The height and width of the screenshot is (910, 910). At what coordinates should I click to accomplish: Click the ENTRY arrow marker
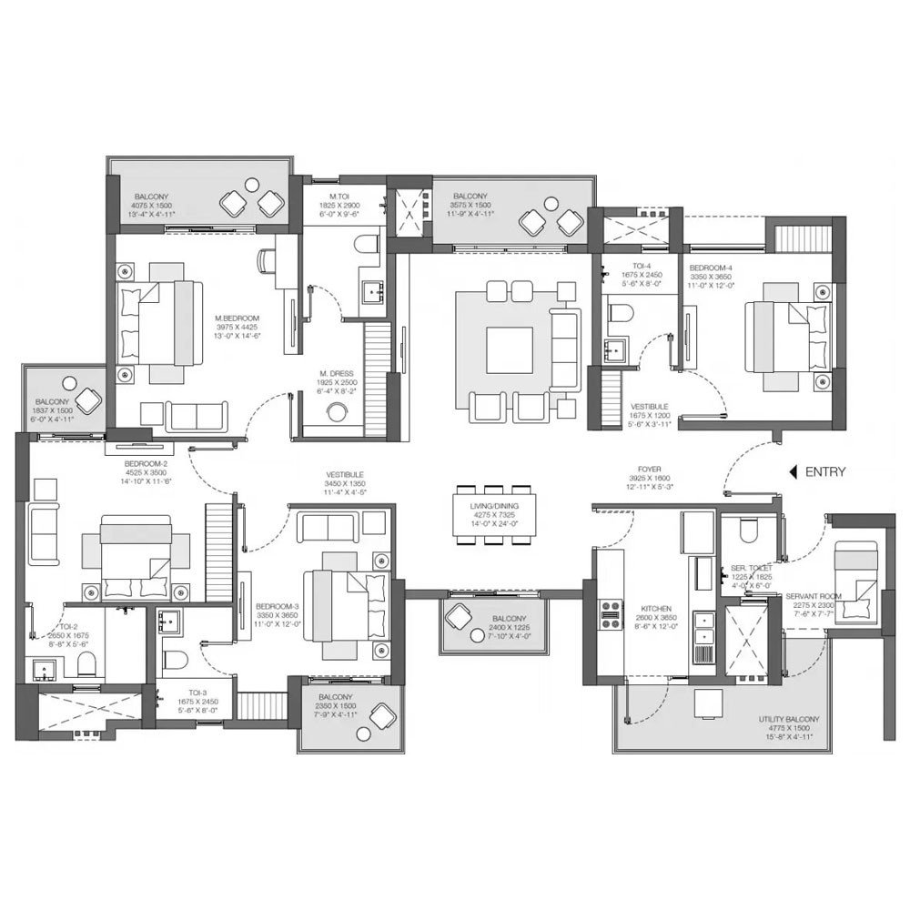[793, 471]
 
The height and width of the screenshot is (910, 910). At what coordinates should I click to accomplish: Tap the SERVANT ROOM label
[816, 595]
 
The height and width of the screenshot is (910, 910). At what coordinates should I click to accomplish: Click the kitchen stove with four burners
[607, 615]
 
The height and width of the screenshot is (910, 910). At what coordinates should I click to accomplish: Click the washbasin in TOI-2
[42, 672]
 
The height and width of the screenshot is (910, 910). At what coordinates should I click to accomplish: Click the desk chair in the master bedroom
[268, 259]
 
